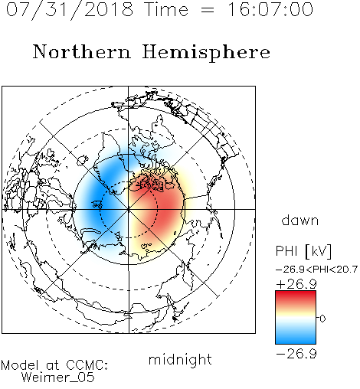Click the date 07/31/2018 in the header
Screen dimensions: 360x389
70,10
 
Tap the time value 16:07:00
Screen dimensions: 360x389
270,9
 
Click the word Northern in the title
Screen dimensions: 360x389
82,51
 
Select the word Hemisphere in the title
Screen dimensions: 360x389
206,53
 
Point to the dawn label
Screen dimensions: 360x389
300,220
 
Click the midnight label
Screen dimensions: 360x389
180,360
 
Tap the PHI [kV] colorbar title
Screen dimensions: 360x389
303,251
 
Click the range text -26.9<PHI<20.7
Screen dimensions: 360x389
316,270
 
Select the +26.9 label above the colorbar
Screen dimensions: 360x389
296,284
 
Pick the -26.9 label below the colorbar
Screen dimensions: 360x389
296,354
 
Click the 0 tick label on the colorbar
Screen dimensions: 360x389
322,319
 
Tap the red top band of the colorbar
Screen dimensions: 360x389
296,296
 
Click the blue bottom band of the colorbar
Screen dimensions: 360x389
296,338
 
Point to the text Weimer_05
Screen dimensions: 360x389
58,378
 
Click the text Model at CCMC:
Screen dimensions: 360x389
54,365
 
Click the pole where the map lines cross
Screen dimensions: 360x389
129,209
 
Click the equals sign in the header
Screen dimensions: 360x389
208,10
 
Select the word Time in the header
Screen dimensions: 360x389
166,9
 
